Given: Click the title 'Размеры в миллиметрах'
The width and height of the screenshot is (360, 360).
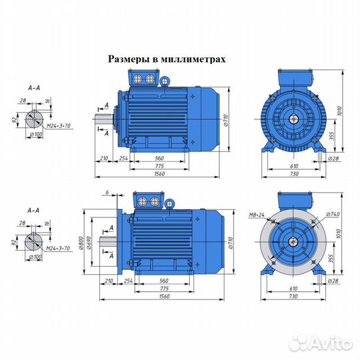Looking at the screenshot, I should pos(167,59).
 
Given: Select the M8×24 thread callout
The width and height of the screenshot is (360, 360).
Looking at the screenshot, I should pos(255,215).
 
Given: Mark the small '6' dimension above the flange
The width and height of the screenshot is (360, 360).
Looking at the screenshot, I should pos(107,193).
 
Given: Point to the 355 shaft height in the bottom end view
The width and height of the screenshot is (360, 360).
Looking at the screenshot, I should pos(331,258).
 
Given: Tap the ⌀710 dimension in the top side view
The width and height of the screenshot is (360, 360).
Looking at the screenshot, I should pos(228,121).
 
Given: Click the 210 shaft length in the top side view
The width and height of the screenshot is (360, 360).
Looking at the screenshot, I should pos(103,159).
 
